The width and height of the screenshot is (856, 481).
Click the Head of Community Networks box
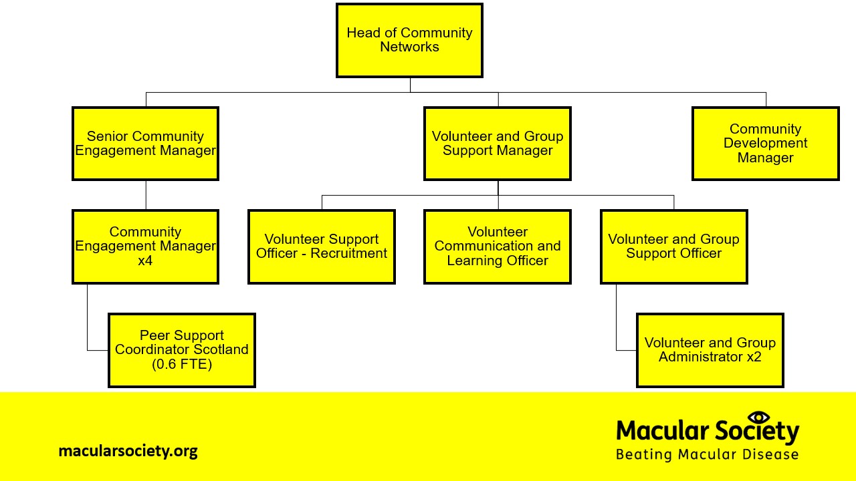pyautogui.click(x=409, y=40)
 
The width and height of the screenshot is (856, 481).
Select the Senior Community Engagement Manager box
pyautogui.click(x=145, y=144)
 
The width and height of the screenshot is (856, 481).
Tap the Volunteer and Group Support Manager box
pyautogui.click(x=498, y=144)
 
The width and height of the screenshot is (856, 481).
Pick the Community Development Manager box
pyautogui.click(x=765, y=144)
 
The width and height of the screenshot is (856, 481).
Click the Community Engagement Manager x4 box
pyautogui.click(x=145, y=247)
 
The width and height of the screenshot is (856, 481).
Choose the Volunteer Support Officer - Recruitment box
pyautogui.click(x=322, y=247)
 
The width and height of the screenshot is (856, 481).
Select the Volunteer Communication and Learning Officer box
pyautogui.click(x=498, y=247)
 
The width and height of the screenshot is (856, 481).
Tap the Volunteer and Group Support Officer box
pyautogui.click(x=673, y=247)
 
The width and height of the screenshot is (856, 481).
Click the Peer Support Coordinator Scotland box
pyautogui.click(x=181, y=350)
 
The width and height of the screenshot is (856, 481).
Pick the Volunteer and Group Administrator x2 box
pyautogui.click(x=710, y=350)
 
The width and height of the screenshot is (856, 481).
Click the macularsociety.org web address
pyautogui.click(x=128, y=451)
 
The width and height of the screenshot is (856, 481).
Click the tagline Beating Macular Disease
pyautogui.click(x=707, y=455)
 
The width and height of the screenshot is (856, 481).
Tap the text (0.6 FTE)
pyautogui.click(x=181, y=364)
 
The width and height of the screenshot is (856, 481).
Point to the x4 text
pyautogui.click(x=145, y=261)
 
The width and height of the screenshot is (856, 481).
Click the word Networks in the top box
pyautogui.click(x=409, y=47)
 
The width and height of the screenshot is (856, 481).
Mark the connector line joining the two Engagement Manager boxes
pyautogui.click(x=146, y=195)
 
